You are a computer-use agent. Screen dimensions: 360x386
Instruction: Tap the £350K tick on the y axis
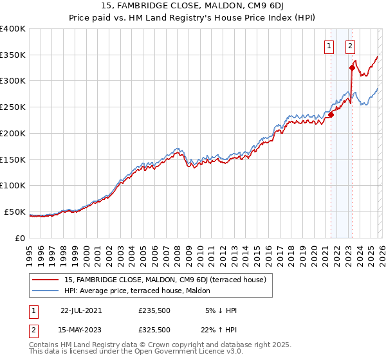click(x=13, y=55)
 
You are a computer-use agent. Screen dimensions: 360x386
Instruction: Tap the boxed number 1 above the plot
click(x=329, y=46)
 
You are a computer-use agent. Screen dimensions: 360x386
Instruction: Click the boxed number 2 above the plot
click(x=350, y=46)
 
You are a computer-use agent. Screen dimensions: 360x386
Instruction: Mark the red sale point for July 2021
click(x=331, y=114)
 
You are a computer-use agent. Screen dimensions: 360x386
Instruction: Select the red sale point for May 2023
click(x=352, y=67)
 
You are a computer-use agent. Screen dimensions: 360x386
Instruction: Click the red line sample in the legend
click(x=46, y=279)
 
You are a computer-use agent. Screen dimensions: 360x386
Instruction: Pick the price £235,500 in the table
click(x=154, y=310)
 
